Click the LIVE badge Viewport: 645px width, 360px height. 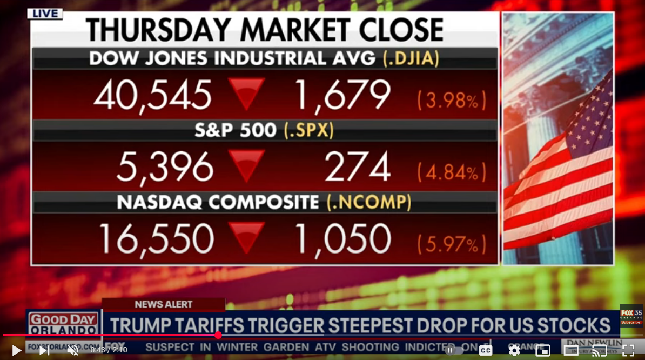coord(45,14)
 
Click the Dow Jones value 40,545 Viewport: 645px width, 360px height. coord(152,96)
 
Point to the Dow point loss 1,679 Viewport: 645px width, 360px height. coord(341,96)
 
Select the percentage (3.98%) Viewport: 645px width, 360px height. coord(452,100)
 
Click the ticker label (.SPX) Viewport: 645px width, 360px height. coord(309,130)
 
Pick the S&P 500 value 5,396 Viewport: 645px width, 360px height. coord(165,166)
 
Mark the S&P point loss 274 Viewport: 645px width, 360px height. coord(357,166)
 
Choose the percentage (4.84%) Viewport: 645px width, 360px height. coord(452,172)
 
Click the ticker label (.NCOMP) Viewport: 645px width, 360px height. coord(369,202)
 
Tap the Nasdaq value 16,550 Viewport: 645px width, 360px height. coord(156,238)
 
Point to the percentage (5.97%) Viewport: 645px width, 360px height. coord(452,244)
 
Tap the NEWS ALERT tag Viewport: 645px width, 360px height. coord(163,304)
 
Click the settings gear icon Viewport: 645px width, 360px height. coord(514,350)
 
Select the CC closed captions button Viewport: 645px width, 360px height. coord(486,350)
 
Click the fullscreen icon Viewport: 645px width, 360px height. coord(628,350)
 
